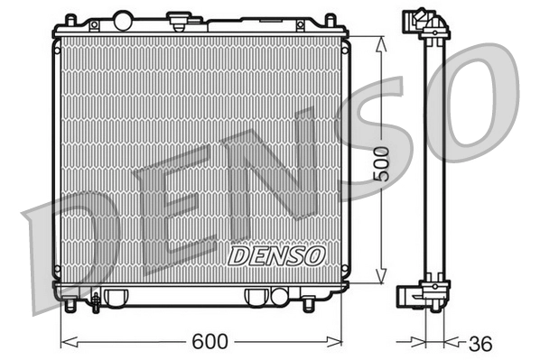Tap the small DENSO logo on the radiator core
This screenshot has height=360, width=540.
(x=276, y=255)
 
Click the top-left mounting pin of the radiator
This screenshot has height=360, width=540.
(x=69, y=19)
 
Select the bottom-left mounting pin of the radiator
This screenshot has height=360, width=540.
(x=70, y=306)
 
